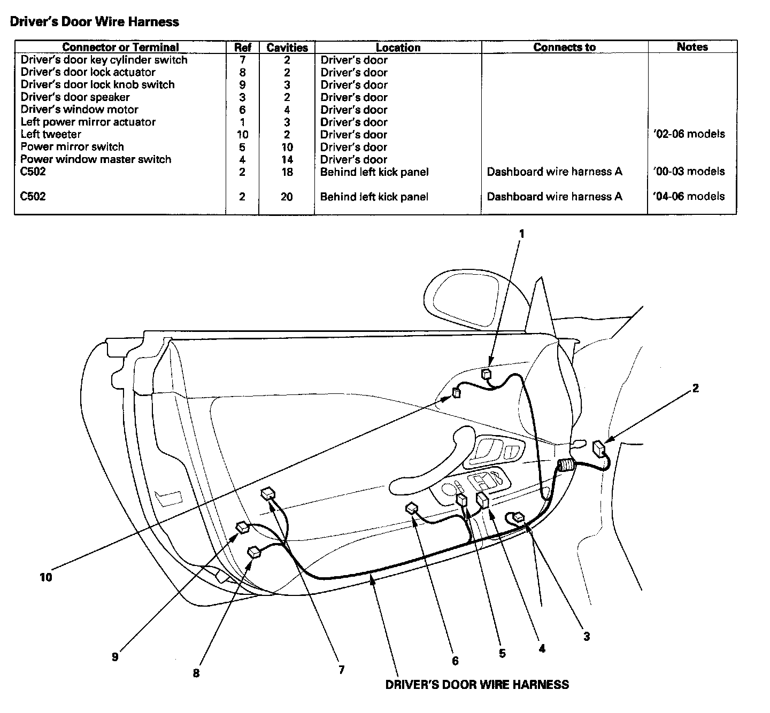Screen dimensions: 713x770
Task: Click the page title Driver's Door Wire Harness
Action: tap(95, 22)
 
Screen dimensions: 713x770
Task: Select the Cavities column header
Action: tap(287, 48)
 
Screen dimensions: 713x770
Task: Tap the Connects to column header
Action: tap(564, 47)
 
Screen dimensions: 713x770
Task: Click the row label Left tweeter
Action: tap(51, 134)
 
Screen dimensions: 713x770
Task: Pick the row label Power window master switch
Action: tap(96, 159)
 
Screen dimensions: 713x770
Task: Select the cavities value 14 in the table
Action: tap(287, 159)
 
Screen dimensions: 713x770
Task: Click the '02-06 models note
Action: tap(689, 134)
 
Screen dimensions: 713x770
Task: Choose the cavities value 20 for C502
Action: tap(287, 197)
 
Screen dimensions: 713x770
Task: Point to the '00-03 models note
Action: tap(689, 172)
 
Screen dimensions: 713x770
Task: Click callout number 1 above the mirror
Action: tap(522, 234)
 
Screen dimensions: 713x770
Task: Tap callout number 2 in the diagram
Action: tap(696, 388)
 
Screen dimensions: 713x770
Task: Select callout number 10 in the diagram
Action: tap(46, 577)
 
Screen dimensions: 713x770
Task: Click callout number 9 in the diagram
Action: tap(115, 657)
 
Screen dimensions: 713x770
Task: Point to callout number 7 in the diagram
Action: tap(342, 670)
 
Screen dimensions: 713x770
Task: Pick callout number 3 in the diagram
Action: tap(587, 637)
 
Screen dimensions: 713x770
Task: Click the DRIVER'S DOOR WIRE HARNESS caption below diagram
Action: tap(477, 685)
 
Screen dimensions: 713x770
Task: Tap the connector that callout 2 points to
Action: tap(600, 447)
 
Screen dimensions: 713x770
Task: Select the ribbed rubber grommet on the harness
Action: tap(566, 466)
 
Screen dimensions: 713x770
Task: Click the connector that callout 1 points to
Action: tap(487, 374)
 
